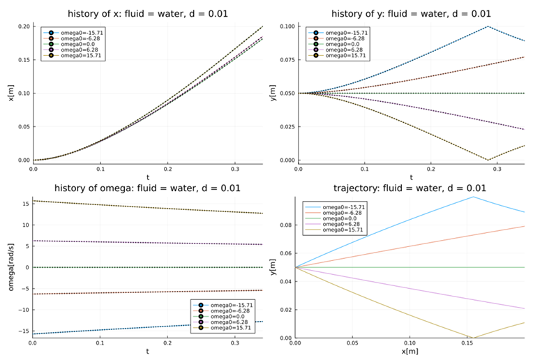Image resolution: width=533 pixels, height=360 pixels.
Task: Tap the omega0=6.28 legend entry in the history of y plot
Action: (340, 50)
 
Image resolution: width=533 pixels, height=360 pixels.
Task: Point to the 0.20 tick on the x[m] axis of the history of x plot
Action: (24, 27)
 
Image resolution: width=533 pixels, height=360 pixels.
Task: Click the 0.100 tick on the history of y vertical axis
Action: (286, 27)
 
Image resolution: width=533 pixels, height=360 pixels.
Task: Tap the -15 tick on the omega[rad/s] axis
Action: (23, 331)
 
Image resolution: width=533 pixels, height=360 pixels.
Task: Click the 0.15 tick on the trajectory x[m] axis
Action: (467, 344)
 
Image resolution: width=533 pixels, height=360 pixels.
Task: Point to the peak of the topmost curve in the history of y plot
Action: (488, 27)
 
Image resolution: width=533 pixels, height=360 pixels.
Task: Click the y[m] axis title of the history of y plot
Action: (273, 93)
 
